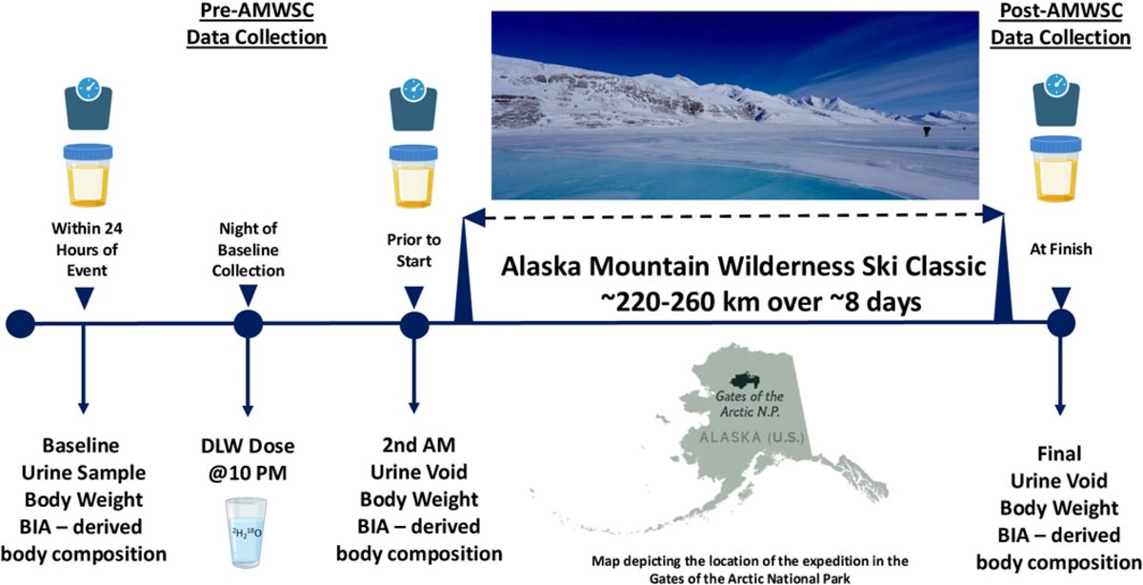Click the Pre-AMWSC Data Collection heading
coord(256,24)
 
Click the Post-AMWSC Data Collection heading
coord(1060,24)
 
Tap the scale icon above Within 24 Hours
coord(89,103)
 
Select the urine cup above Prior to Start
coord(413,176)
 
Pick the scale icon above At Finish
coord(1055,100)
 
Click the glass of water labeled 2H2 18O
coord(247,533)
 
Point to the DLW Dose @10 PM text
coord(248,459)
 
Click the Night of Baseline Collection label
coord(248,249)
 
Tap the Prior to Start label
coord(413,251)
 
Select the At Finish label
coord(1061,249)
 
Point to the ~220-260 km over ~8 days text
coord(760,302)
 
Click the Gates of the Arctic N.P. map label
coord(750,403)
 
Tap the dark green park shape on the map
coord(746,380)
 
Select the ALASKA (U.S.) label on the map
coord(752,437)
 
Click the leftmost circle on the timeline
coord(20,324)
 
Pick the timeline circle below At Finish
coord(1061,323)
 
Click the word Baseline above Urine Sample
coord(81,445)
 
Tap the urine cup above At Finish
coord(1055,169)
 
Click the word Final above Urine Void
coord(1059,454)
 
